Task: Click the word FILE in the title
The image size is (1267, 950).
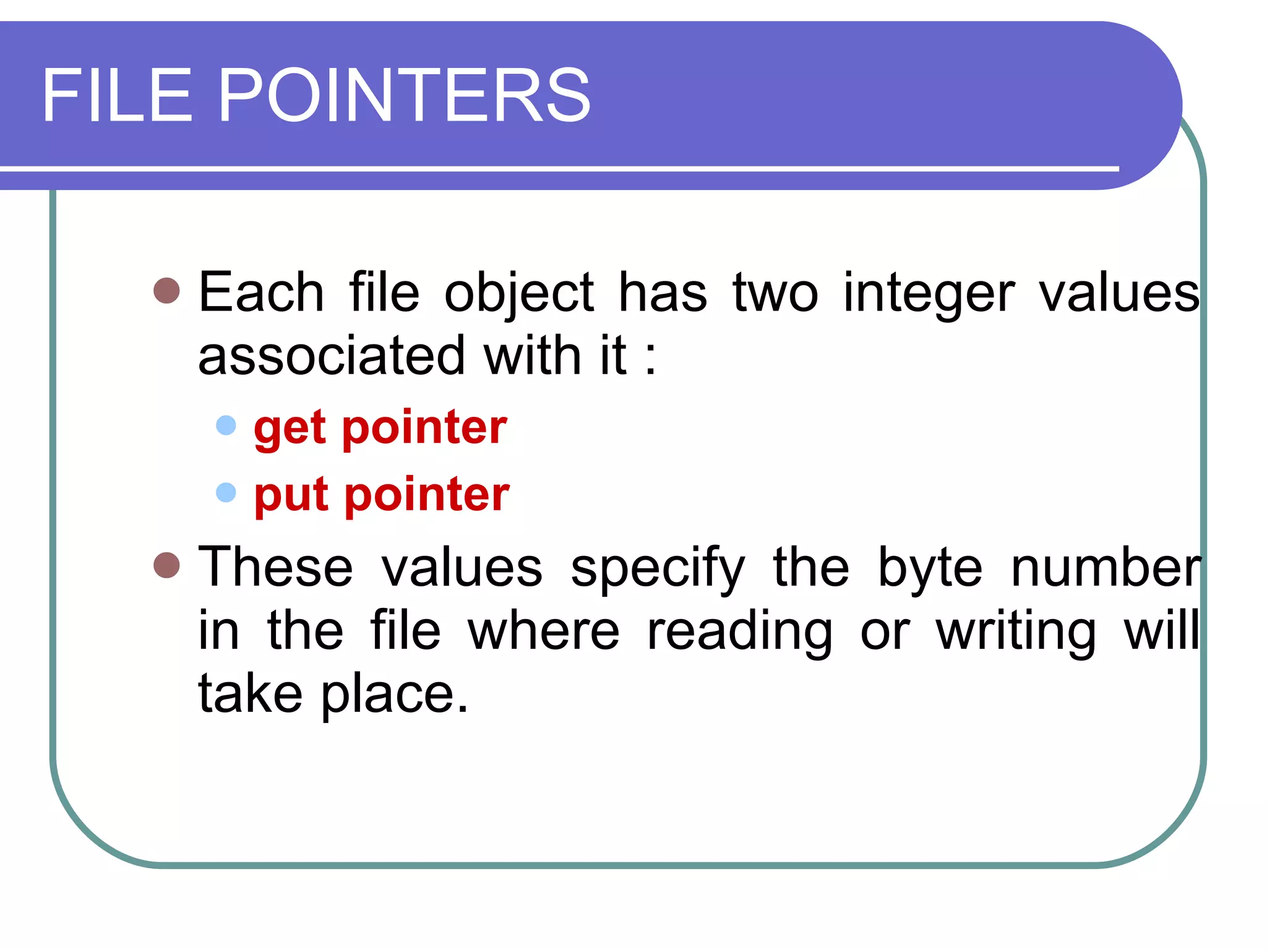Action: [x=118, y=96]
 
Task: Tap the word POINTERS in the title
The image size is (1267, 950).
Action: [x=405, y=96]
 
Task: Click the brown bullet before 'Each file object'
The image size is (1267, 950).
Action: [x=166, y=290]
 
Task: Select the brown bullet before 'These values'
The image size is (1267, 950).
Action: [x=166, y=565]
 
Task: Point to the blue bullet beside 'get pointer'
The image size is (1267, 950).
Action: [x=226, y=426]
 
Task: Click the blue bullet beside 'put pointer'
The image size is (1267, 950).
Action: [x=226, y=492]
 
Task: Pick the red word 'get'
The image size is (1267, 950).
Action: [x=290, y=429]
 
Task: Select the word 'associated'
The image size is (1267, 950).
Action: [x=331, y=356]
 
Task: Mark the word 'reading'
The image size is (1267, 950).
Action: [x=739, y=632]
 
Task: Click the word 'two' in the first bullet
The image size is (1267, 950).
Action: [x=775, y=293]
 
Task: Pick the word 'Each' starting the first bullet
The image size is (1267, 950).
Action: [x=261, y=293]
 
